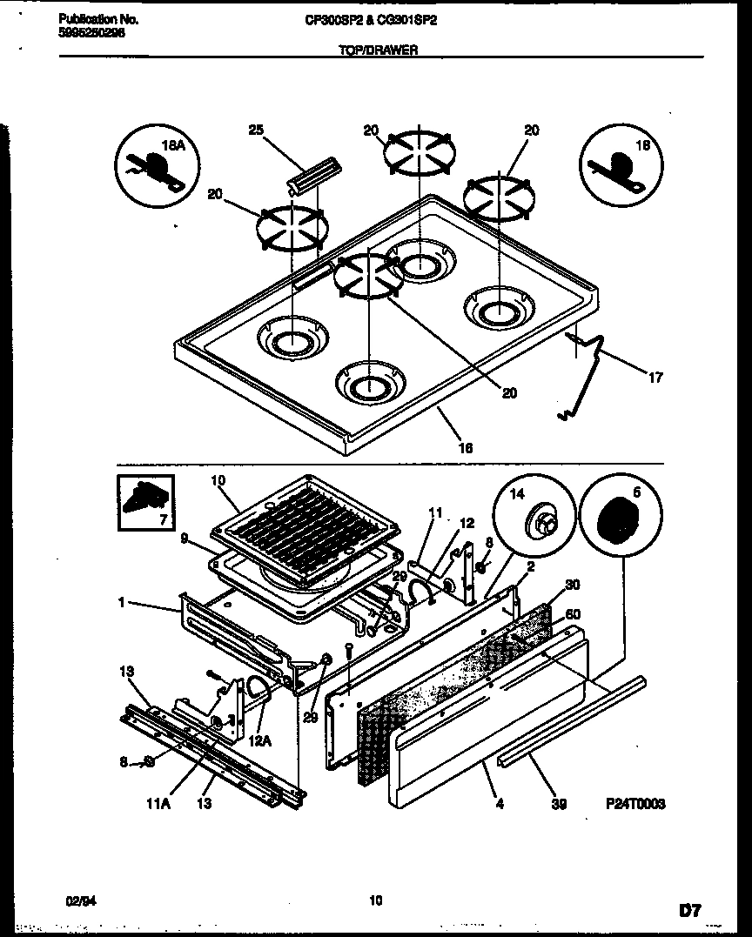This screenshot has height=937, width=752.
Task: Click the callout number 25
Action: (255, 131)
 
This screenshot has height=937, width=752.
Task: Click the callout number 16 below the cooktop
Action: (466, 447)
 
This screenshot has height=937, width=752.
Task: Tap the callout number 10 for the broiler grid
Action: (217, 479)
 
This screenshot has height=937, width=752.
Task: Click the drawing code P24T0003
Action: (637, 805)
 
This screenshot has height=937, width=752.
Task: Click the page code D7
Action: (689, 911)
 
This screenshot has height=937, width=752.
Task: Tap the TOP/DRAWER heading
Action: (378, 50)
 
